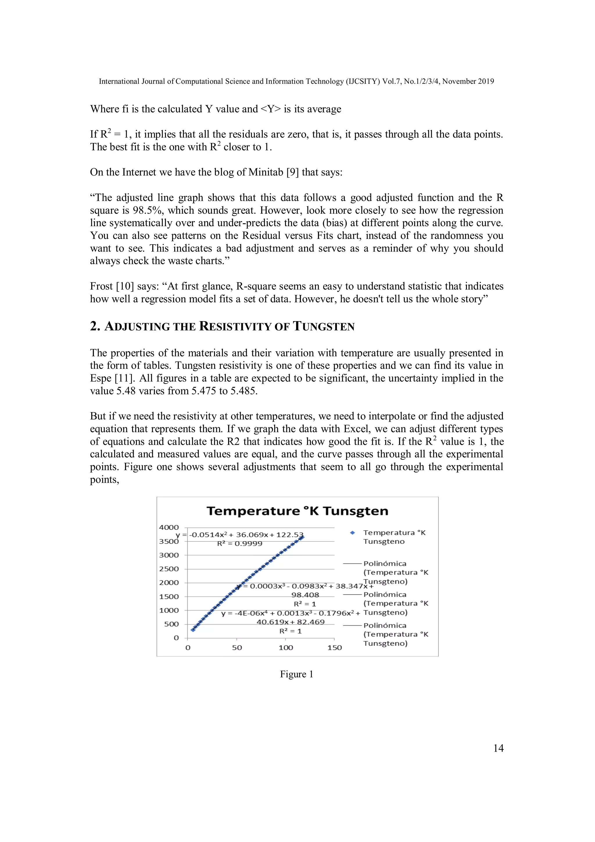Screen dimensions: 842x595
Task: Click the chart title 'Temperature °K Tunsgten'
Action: tap(297, 511)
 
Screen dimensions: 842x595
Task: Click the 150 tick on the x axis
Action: tap(334, 648)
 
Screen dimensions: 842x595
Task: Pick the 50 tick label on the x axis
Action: tap(237, 648)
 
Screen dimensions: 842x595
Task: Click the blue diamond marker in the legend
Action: tap(352, 533)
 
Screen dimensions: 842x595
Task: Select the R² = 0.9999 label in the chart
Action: tap(240, 544)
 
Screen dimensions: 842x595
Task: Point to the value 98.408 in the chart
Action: tap(305, 595)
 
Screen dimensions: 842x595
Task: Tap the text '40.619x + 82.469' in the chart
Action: tap(290, 622)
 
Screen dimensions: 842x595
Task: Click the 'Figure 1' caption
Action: tap(297, 674)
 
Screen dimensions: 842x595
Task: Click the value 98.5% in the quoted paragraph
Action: tap(148, 210)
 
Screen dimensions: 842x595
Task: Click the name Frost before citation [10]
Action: tap(101, 286)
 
